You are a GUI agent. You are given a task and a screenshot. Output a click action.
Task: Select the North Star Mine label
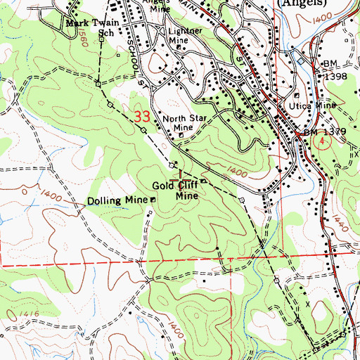tap(178, 123)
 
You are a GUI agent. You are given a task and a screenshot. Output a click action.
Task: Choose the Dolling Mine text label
tap(117, 200)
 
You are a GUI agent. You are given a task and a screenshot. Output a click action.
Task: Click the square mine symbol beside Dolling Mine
tap(153, 200)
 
